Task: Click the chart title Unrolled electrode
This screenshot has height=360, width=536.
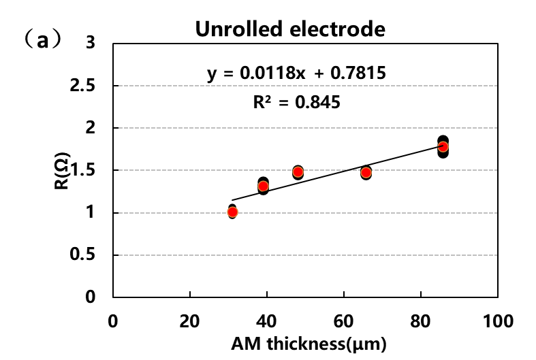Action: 290,29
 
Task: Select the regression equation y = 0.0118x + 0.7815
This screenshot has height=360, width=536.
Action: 298,72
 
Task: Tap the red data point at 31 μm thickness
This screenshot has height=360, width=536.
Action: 232,212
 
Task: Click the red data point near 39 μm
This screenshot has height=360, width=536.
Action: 264,186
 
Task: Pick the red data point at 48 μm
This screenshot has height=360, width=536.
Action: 298,171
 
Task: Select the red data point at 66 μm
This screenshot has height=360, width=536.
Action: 366,172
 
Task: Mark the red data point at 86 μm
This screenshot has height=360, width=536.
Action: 443,146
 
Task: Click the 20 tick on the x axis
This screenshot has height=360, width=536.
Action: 190,320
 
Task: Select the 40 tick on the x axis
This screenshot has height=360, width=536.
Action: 267,320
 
